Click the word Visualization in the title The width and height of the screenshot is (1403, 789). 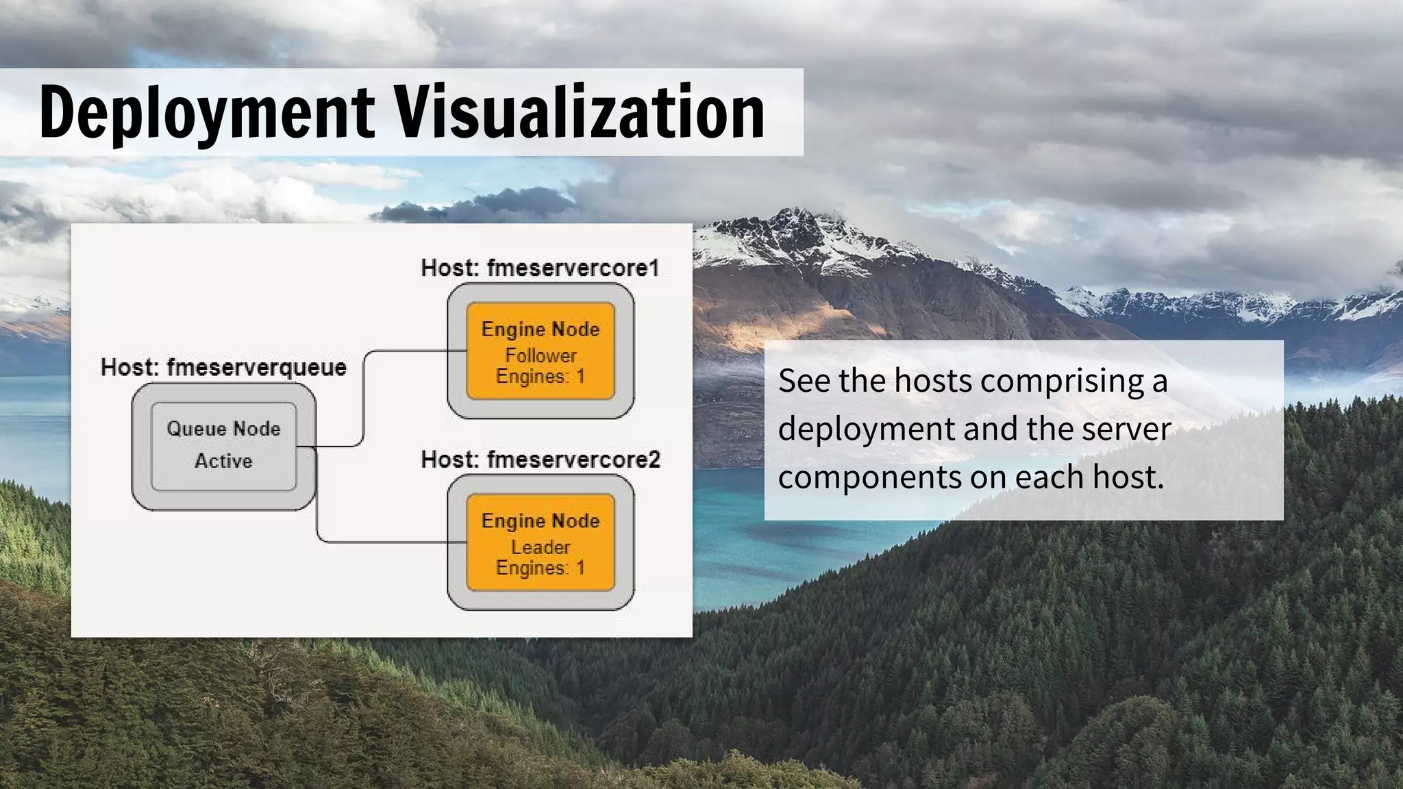click(x=579, y=112)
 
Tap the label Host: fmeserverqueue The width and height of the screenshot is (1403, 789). click(x=223, y=368)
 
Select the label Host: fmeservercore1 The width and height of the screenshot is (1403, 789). click(x=540, y=268)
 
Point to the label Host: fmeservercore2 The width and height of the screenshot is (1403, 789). click(x=541, y=460)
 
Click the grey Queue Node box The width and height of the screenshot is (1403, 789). click(x=223, y=446)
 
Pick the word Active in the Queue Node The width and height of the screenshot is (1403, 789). click(x=223, y=461)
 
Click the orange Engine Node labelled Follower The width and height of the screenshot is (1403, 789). click(x=541, y=351)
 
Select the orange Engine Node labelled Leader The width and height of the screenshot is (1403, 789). click(x=541, y=542)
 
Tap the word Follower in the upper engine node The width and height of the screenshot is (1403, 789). click(x=541, y=355)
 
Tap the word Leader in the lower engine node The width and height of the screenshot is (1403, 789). click(x=541, y=547)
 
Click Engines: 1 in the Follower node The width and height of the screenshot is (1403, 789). click(x=541, y=377)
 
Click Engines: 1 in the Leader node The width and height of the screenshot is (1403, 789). click(x=541, y=568)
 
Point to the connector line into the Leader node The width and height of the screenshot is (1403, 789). click(x=390, y=542)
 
